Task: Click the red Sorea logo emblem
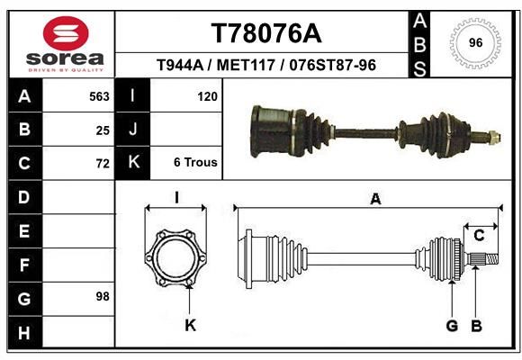click(66, 33)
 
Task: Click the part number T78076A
click(266, 33)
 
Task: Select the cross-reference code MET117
click(246, 65)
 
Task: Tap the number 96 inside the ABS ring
click(475, 42)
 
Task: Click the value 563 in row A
click(99, 96)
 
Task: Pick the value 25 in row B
click(103, 130)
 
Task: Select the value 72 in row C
click(103, 164)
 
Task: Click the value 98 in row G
click(103, 296)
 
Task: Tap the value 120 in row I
click(207, 96)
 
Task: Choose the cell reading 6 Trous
click(195, 162)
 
